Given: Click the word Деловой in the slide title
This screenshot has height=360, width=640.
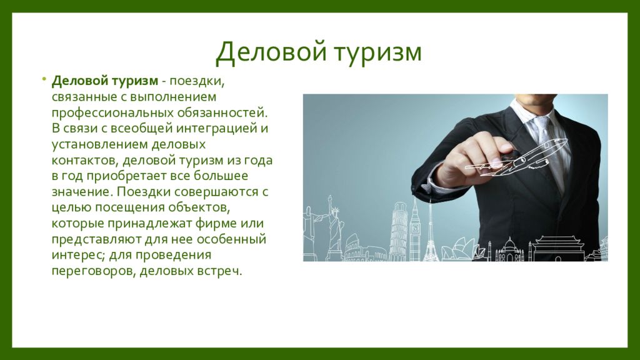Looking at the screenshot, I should [270, 52].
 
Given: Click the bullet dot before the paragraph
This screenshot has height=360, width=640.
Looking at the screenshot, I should [44, 79].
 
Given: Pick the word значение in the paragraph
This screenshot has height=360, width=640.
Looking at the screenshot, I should [78, 192].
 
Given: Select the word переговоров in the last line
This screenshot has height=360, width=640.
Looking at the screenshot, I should [92, 272].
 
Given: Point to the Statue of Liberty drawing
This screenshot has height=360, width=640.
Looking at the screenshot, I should [336, 228].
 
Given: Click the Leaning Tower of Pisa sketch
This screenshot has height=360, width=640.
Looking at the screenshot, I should [397, 231].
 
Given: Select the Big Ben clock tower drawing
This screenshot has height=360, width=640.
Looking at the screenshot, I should [415, 231].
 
